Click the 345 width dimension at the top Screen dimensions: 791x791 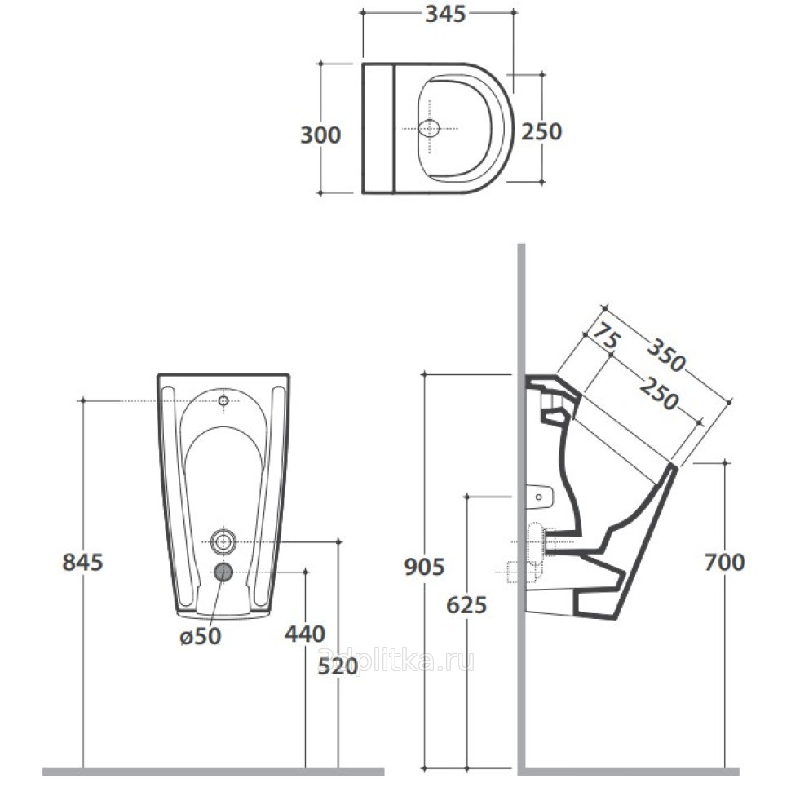click(445, 14)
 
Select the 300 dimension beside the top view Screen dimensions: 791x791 click(320, 135)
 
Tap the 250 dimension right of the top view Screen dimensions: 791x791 click(541, 131)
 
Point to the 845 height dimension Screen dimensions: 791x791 click(82, 562)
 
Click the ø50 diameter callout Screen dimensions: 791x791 click(201, 637)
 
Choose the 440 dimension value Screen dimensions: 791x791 click(305, 634)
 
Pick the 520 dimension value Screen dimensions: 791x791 click(338, 667)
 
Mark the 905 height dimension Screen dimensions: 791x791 click(424, 567)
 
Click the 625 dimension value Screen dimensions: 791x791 click(466, 605)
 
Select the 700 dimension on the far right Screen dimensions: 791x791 click(724, 562)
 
